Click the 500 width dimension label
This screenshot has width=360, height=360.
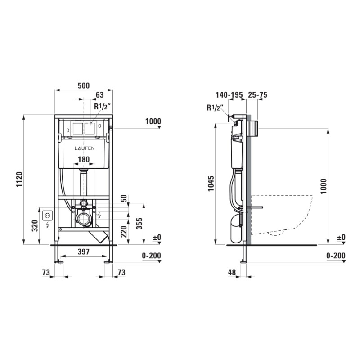84,85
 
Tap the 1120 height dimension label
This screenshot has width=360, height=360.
19,179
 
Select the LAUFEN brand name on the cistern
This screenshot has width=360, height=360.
85,148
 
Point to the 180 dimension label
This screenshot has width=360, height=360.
84,159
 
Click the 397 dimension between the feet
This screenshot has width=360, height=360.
84,252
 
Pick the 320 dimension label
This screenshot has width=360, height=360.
35,226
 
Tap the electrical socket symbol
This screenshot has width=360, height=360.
48,216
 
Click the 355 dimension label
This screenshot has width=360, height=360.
139,224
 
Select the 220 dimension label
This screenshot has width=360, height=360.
123,232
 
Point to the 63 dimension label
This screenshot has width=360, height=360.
99,95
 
